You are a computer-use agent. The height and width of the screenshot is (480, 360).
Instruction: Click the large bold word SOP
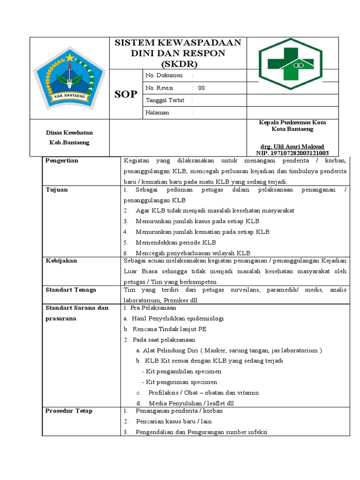126,94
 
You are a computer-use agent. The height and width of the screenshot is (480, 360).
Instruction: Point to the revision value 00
201,88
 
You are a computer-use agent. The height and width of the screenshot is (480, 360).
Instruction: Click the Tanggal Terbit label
165,100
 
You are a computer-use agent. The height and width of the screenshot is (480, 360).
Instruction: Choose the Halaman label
157,113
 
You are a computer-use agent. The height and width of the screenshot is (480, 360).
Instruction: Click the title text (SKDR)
178,64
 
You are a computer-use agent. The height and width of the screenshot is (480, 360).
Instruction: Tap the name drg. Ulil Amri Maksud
292,146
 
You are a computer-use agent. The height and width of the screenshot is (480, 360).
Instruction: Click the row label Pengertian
62,161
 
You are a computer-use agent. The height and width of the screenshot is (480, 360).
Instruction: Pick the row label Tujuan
57,190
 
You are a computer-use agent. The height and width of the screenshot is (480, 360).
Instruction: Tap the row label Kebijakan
61,261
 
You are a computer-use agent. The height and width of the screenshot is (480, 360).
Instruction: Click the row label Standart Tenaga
71,290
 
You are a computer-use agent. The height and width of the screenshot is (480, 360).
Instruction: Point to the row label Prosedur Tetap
69,411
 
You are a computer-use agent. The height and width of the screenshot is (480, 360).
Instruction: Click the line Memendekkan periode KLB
176,243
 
